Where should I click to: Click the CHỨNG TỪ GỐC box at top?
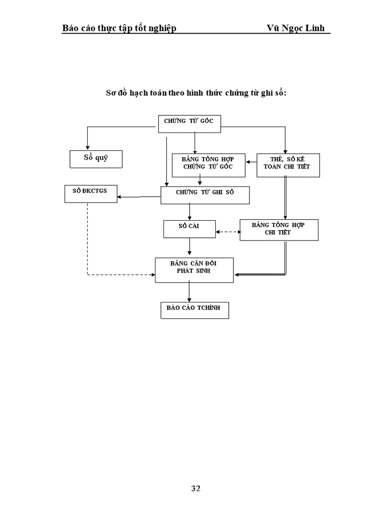pos(189,123)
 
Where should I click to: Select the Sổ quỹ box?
pos(96,159)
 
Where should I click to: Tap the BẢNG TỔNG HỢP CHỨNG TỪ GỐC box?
pos(208,165)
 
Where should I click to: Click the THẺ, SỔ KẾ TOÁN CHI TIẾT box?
pos(287,165)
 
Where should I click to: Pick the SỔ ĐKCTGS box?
pos(90,193)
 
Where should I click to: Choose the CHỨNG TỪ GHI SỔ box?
pos(205,195)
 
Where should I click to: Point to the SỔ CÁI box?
pos(189,229)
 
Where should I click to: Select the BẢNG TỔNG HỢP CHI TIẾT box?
pos(278,230)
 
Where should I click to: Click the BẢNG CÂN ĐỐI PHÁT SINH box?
pos(194,270)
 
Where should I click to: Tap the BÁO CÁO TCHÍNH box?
pos(194,310)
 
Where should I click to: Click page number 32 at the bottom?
pos(196,488)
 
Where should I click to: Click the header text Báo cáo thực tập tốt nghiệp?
pos(119,28)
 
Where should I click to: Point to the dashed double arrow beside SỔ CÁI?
pos(228,232)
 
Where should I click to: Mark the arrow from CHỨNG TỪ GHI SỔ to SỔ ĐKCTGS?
pos(139,197)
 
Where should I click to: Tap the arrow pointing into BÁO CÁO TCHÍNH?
pos(189,292)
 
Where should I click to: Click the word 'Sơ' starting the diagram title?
pos(111,92)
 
